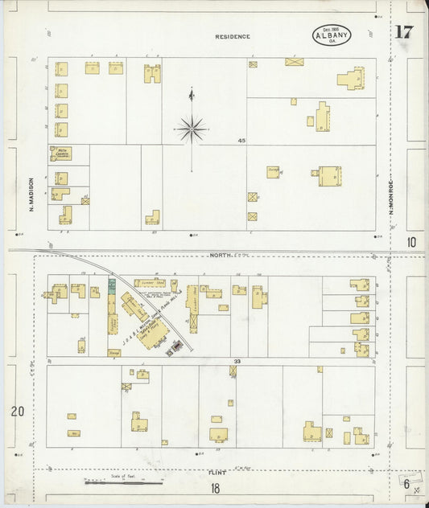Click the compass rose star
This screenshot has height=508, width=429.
coord(192,129)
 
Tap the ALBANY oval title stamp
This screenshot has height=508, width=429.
coord(332,35)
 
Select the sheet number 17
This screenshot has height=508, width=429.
coord(403,33)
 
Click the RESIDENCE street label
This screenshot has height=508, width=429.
coord(233,37)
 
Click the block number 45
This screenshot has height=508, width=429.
coord(241,141)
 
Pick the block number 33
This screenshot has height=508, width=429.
coord(238,362)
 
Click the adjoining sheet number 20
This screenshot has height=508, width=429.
coord(17,412)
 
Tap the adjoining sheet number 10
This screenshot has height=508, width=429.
coord(411,242)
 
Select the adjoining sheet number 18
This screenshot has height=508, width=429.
coord(215,488)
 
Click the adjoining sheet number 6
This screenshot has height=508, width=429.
coord(409,484)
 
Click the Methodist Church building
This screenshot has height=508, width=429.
coord(61,153)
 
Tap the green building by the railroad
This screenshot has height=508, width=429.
coord(112,285)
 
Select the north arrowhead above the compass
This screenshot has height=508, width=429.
coord(192,94)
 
